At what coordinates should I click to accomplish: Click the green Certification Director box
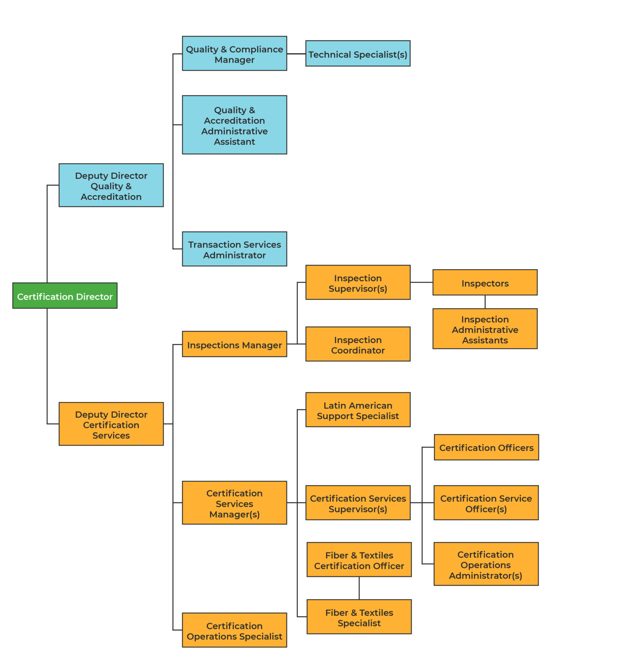click(x=65, y=296)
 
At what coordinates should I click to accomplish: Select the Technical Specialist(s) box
click(x=358, y=54)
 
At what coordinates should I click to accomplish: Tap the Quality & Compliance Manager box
click(x=234, y=54)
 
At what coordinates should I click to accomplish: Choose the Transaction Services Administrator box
click(x=234, y=249)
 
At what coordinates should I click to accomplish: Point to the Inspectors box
click(x=485, y=282)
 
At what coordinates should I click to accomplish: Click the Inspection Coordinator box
click(x=358, y=344)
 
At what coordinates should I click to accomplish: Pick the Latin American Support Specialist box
click(x=358, y=410)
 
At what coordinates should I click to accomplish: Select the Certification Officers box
click(x=486, y=447)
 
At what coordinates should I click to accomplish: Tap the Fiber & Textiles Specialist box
click(x=359, y=617)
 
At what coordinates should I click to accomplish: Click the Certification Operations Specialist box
click(x=234, y=630)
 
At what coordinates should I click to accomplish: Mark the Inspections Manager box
click(x=234, y=344)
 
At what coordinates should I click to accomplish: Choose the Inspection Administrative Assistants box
click(x=485, y=329)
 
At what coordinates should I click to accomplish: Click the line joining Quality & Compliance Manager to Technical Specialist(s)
click(x=296, y=54)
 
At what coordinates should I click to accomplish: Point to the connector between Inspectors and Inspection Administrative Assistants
click(x=485, y=302)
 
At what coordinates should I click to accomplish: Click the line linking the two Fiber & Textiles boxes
click(x=359, y=588)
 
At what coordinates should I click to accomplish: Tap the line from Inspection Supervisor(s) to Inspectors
click(x=421, y=282)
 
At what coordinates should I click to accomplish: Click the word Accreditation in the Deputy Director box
click(x=111, y=197)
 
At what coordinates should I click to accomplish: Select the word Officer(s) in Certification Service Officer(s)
click(x=486, y=509)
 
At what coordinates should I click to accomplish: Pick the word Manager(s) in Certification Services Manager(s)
click(x=234, y=514)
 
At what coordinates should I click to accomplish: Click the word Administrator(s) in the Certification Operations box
click(x=485, y=576)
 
